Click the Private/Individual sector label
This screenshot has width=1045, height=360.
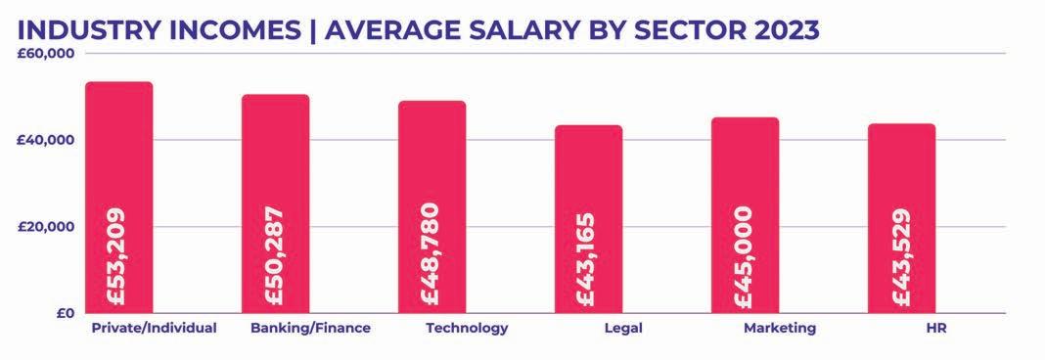coord(154,328)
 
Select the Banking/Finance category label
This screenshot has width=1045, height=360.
coord(310,328)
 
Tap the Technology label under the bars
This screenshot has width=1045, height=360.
coord(467,329)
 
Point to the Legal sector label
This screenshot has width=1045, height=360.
coord(623,329)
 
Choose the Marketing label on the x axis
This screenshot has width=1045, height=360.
coord(780,329)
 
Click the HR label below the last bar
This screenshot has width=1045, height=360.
coord(935,328)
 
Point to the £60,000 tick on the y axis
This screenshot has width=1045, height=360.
coord(47,54)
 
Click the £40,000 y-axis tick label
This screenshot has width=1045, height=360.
coord(47,140)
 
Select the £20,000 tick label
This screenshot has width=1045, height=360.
coord(47,227)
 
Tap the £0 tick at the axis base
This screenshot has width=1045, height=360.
coord(66,313)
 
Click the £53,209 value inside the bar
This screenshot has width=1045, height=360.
coord(117,256)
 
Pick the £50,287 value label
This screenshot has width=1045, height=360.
coord(274,256)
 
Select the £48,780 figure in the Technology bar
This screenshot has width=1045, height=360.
coord(431,256)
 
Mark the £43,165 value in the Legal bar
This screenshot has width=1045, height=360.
coord(586,260)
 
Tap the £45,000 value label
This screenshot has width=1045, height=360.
coord(743,258)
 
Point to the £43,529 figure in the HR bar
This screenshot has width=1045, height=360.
coord(900,257)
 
